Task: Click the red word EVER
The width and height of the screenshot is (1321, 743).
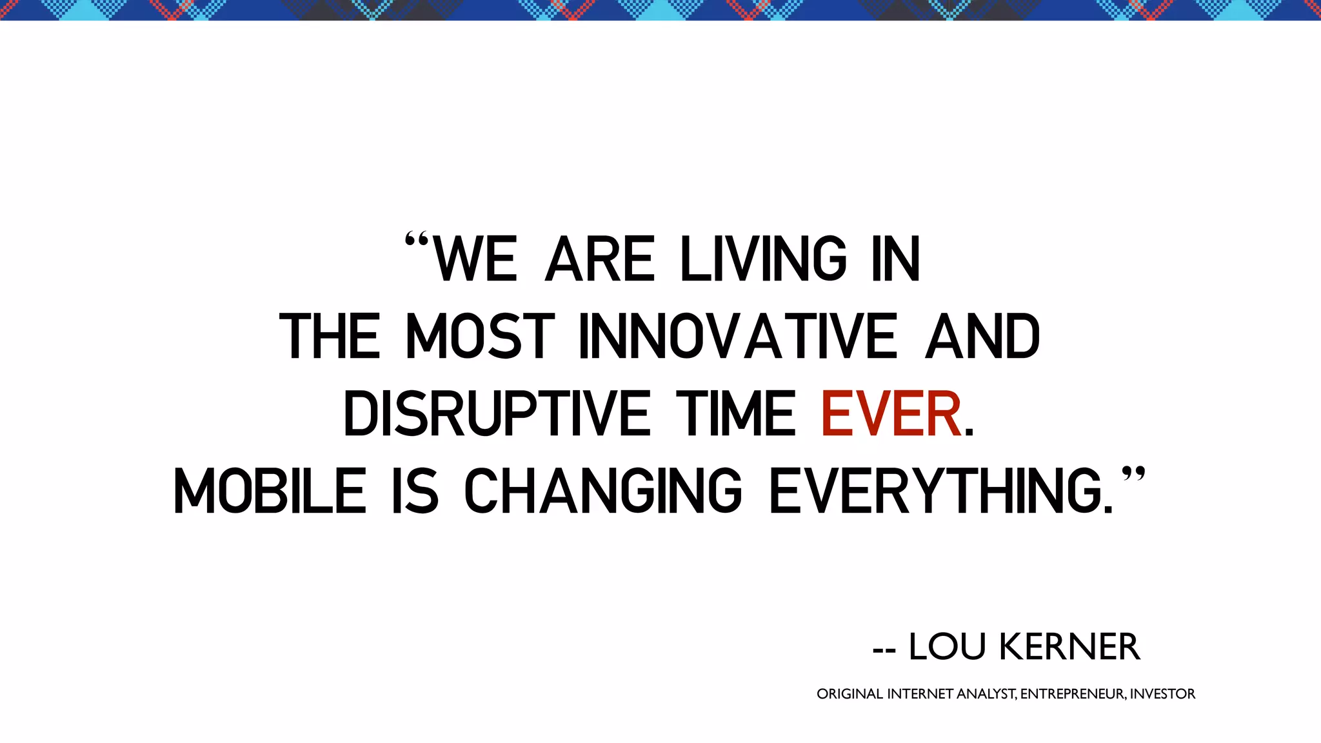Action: click(x=891, y=413)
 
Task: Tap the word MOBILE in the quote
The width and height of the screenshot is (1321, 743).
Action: click(x=270, y=491)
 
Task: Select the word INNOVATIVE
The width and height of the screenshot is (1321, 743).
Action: click(x=738, y=336)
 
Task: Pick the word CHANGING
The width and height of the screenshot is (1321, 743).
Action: click(x=603, y=491)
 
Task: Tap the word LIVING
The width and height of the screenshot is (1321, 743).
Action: click(x=764, y=259)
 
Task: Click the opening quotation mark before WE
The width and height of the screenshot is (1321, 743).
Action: click(x=416, y=242)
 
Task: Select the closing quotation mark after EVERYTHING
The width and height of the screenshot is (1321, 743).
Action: click(x=1133, y=475)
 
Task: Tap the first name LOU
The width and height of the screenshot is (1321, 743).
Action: click(x=947, y=647)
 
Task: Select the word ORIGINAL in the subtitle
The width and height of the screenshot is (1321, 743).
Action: click(x=849, y=694)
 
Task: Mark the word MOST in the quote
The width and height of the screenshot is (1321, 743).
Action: click(x=480, y=336)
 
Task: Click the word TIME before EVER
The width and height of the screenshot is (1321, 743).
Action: click(x=736, y=413)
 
